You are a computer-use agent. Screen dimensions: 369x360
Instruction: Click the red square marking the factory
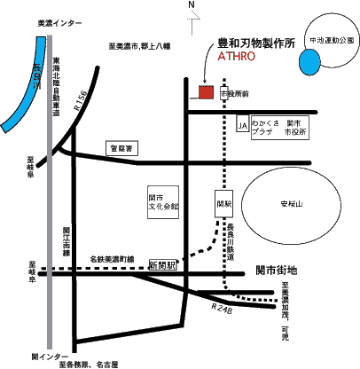(206, 92)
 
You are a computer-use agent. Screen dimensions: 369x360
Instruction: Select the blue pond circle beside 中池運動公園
(310, 62)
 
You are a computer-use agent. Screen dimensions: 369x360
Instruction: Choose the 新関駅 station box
(163, 265)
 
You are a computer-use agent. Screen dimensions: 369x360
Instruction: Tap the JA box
(241, 127)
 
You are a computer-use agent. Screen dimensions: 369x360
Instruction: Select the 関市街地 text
(275, 268)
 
